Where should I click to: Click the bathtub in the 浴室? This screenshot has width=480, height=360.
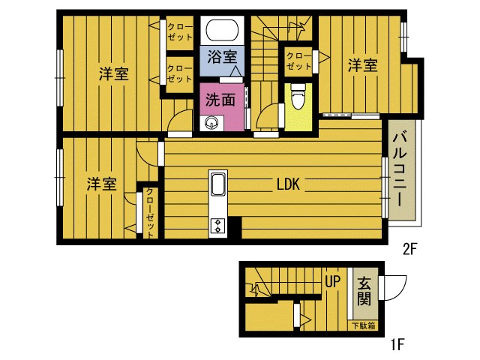[222, 30]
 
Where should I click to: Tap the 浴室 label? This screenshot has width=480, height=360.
[222, 57]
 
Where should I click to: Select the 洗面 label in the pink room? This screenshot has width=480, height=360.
[220, 100]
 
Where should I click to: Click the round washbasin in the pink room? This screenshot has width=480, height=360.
[211, 124]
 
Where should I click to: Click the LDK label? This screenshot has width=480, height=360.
[288, 184]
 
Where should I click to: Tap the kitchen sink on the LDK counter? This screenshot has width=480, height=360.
[218, 184]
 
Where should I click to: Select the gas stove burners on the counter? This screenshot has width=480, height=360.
[218, 226]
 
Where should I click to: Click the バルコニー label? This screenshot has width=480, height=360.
[400, 169]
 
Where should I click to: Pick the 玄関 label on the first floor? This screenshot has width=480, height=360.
[364, 291]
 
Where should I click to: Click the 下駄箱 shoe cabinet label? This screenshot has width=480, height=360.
[364, 325]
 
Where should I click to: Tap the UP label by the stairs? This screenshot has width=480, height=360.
[333, 281]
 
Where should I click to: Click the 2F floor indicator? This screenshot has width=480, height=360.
[410, 250]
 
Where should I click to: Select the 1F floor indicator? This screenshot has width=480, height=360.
[397, 345]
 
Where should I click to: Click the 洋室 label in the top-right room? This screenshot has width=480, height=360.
[363, 65]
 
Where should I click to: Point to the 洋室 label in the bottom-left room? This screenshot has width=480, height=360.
[102, 184]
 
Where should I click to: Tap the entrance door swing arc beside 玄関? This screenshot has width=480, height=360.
[400, 290]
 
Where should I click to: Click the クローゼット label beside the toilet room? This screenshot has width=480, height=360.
[298, 61]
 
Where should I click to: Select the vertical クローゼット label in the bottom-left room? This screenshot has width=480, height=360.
[150, 213]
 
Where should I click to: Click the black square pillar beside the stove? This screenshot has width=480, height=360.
[235, 227]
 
